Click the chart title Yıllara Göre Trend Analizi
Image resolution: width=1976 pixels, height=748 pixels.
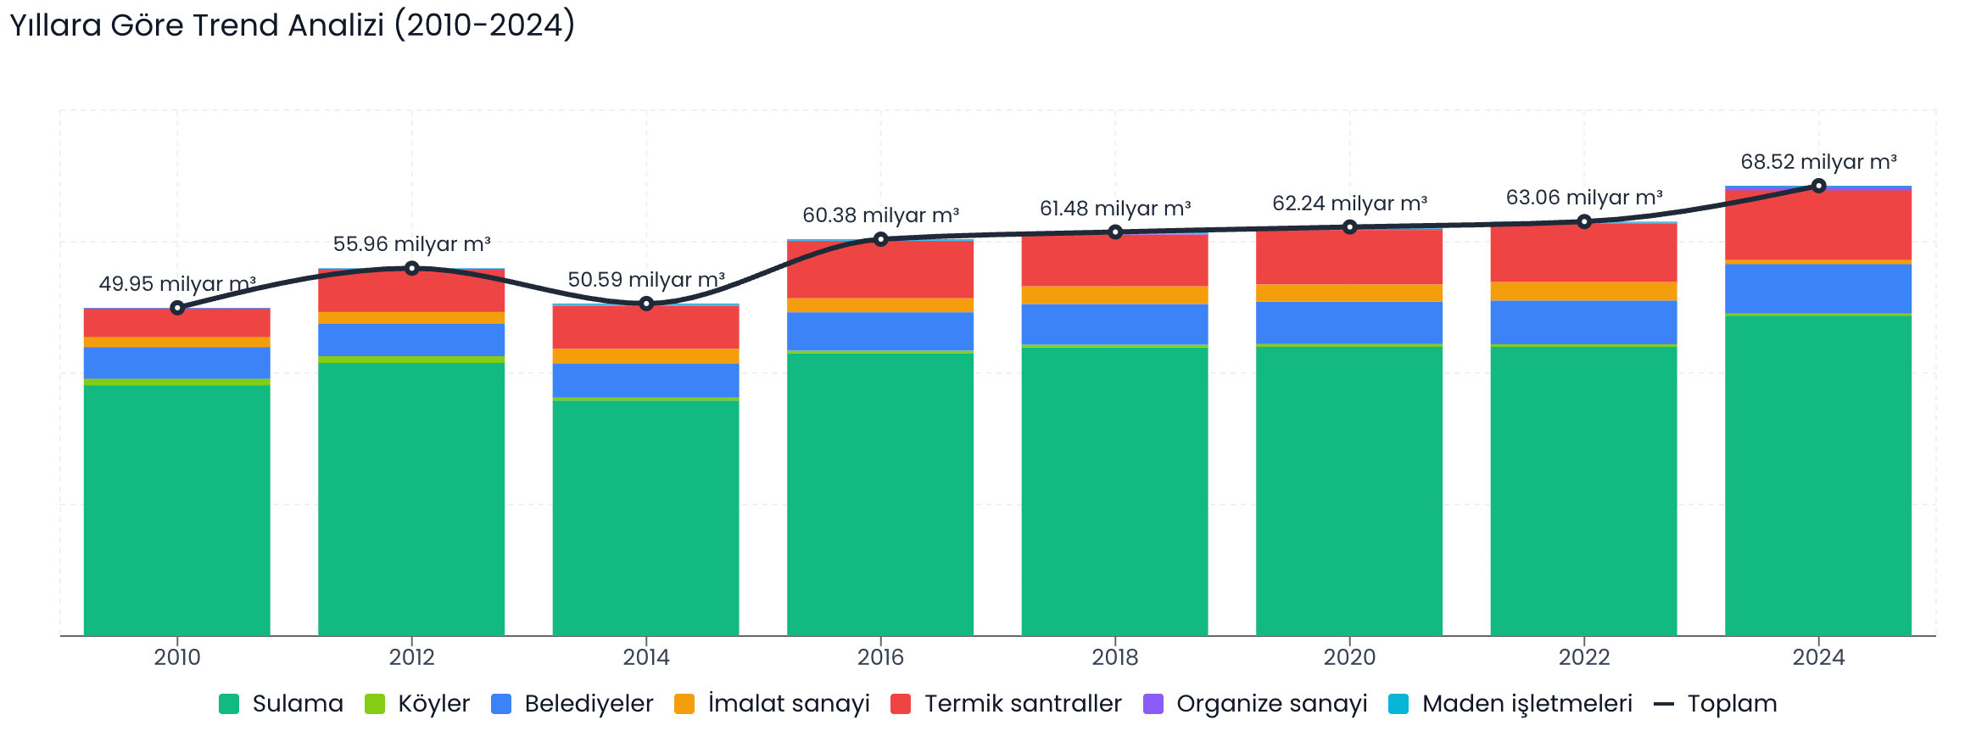click(292, 25)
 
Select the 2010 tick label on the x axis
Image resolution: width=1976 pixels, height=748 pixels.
click(177, 657)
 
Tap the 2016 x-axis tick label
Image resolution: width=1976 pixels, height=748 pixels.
click(880, 657)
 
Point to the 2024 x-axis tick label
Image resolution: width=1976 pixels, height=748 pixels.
click(1818, 657)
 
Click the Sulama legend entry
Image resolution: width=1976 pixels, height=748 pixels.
click(282, 704)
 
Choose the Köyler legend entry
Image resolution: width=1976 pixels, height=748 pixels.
click(417, 704)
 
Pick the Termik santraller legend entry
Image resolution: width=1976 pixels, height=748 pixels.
click(1007, 704)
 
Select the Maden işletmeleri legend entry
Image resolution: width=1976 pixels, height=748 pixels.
click(1510, 704)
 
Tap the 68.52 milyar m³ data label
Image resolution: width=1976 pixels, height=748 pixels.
click(1818, 162)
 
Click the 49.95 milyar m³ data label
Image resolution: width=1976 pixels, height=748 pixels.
click(177, 284)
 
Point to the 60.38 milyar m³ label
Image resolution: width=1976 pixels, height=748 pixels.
click(880, 215)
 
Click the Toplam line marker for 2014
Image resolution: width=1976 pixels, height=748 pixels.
click(646, 304)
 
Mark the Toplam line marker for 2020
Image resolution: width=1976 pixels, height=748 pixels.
click(1349, 227)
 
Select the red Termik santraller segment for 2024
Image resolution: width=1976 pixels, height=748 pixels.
click(1818, 225)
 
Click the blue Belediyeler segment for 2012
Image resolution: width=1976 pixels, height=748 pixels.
click(411, 339)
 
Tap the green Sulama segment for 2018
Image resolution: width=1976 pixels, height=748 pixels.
click(1114, 492)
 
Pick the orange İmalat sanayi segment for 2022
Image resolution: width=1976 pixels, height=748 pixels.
click(1583, 291)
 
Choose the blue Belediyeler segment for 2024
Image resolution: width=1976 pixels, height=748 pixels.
click(1818, 288)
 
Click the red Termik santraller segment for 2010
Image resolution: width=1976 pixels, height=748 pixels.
click(177, 322)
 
